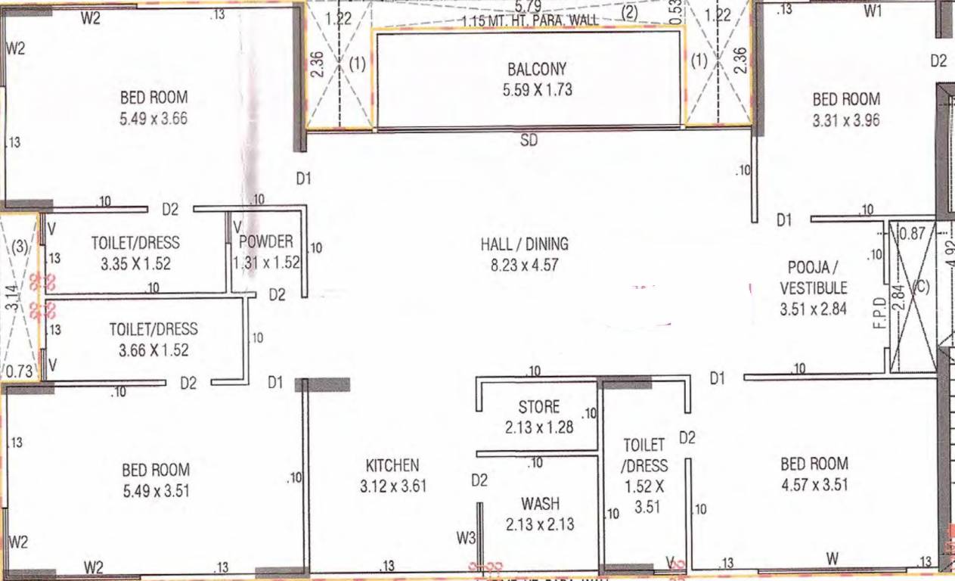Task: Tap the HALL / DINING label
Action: coord(524,244)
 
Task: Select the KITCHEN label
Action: coord(392,465)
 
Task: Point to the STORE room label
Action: coord(539,408)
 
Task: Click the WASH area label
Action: coord(540,504)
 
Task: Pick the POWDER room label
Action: coord(265,242)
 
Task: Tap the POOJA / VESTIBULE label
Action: coord(814,278)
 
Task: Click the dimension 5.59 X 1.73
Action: coord(538,90)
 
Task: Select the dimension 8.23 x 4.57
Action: coord(524,266)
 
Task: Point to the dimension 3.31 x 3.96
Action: coord(846,120)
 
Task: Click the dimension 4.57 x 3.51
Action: coord(814,485)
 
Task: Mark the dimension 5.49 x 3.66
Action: coord(153,119)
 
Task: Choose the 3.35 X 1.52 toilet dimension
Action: coord(136,264)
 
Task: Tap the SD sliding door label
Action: coord(529,141)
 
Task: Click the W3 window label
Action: coord(466,539)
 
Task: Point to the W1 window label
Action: coord(873,11)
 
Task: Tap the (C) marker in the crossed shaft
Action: coord(919,287)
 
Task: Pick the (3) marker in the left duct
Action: coord(19,246)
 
